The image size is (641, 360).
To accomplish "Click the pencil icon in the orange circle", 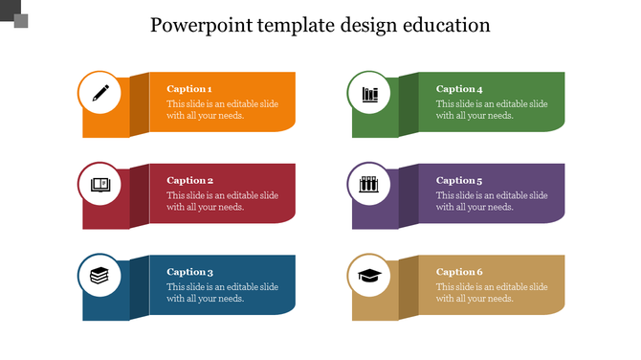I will [x=99, y=93].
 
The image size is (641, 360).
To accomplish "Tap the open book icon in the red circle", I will [x=99, y=185].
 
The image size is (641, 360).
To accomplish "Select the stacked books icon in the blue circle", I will [x=99, y=276].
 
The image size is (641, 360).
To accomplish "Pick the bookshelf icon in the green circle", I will [x=369, y=93].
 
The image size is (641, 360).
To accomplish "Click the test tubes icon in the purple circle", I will [x=369, y=185].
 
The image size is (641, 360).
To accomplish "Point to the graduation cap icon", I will [x=369, y=276].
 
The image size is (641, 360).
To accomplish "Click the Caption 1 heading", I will [x=189, y=89].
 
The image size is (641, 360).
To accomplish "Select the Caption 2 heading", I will [x=189, y=180].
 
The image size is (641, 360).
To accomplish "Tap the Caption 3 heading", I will [x=189, y=272].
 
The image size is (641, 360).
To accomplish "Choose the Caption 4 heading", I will [x=459, y=89].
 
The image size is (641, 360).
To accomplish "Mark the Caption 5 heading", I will [x=459, y=180].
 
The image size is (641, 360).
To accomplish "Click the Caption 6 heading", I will [x=459, y=272].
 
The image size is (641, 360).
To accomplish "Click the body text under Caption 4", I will [x=492, y=110].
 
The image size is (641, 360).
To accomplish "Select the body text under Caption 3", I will [x=222, y=293].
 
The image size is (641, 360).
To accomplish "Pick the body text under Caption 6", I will [x=492, y=293].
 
